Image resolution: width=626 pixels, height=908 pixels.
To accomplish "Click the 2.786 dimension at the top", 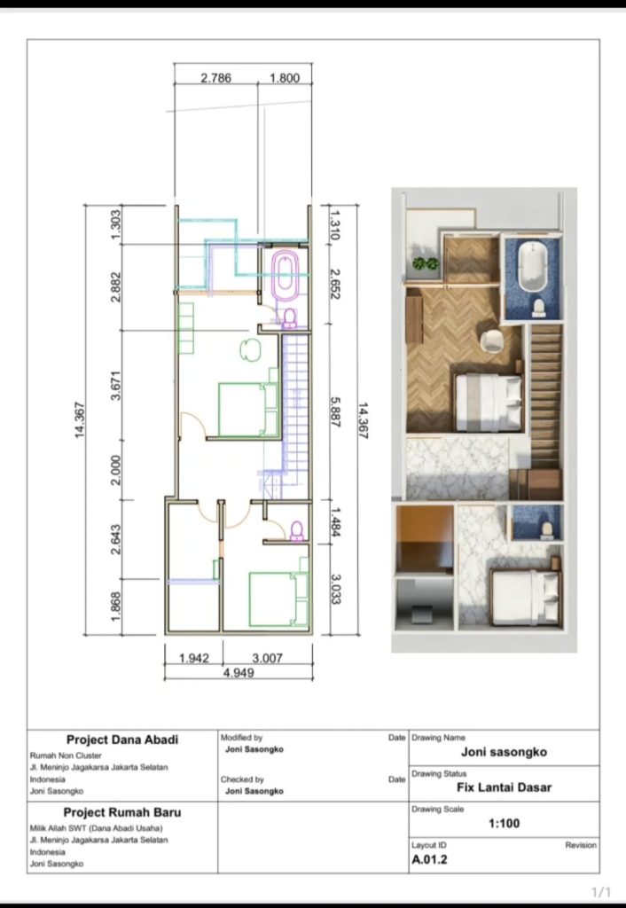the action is point(216,78).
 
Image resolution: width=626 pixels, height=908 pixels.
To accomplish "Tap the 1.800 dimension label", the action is point(285,78).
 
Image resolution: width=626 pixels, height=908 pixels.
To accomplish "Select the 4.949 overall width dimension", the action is point(239,673).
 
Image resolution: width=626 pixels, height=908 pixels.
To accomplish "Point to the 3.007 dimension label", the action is point(268,659).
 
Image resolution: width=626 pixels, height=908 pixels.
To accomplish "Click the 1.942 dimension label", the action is point(194,659).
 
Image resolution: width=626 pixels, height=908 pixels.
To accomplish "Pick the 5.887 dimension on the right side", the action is point(335,411).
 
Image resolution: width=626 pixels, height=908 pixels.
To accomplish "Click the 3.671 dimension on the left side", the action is point(116,385).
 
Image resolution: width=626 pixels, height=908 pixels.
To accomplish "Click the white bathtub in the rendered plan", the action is point(533,266).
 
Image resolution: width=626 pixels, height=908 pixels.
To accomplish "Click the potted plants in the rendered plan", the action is point(426,264).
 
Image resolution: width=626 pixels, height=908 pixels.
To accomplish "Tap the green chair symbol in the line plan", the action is point(250,349).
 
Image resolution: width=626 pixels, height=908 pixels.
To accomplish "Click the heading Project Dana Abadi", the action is point(122,740).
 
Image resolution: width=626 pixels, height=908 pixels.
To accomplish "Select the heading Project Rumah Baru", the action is point(122,812).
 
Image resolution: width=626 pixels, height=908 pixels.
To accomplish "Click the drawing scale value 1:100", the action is point(504,824).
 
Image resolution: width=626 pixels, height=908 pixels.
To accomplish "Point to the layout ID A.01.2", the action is point(429,859).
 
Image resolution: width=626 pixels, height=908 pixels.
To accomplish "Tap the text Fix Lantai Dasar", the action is point(504,787).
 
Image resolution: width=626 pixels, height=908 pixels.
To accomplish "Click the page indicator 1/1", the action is point(601,892).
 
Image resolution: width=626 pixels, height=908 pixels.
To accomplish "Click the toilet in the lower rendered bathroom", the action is point(546,530).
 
